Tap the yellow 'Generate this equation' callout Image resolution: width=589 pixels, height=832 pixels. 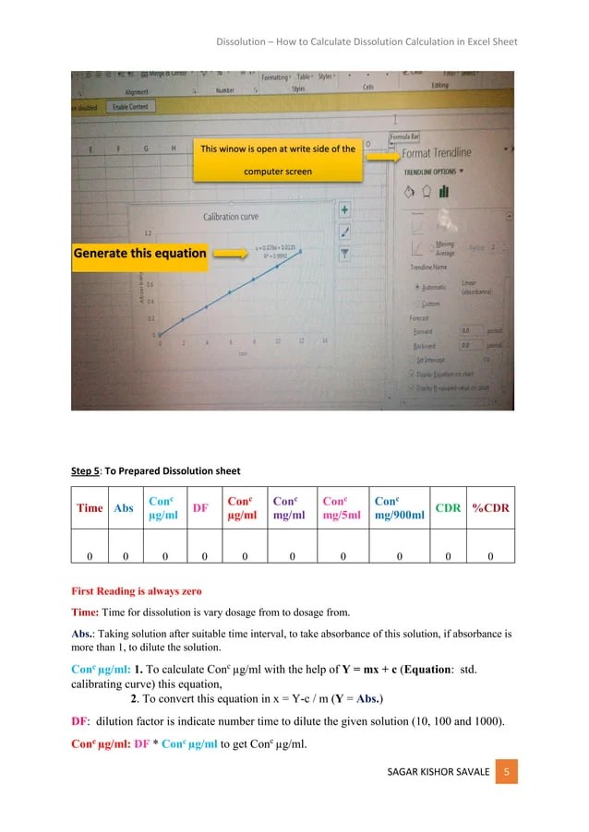(139, 253)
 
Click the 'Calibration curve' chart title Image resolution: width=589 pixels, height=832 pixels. (231, 217)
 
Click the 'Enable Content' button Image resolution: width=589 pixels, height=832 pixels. (130, 107)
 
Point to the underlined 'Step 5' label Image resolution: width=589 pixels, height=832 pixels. (86, 471)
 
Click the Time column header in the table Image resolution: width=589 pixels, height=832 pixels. (90, 507)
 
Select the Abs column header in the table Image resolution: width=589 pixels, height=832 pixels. (123, 507)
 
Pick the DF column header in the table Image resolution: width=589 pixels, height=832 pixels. (199, 507)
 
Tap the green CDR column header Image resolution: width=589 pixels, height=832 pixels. (448, 507)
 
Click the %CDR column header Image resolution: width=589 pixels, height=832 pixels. (490, 507)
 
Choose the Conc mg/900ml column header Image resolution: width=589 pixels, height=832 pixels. (399, 507)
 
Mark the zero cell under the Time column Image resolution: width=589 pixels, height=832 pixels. (90, 556)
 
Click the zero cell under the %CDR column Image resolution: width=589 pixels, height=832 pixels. (490, 556)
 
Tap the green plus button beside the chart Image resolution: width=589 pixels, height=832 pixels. (343, 210)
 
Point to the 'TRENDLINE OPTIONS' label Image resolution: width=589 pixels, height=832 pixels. (432, 171)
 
